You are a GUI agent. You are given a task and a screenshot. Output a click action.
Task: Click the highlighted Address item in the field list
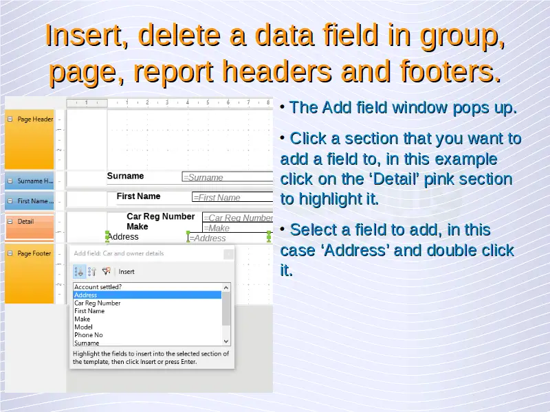[x=147, y=295]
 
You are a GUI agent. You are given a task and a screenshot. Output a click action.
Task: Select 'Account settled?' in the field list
[x=98, y=287]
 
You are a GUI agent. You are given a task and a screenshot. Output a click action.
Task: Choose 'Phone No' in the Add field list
[x=89, y=335]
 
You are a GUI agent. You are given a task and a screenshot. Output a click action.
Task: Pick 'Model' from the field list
[x=83, y=327]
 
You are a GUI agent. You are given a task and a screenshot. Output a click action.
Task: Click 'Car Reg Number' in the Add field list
[x=97, y=303]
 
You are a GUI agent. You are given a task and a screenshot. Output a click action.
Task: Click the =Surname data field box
[x=228, y=177]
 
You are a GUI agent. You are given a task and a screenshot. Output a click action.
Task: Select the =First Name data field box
[x=232, y=197]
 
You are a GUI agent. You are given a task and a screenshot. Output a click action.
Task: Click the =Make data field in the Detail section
[x=237, y=228]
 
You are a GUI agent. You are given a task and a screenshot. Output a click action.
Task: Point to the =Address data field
[x=229, y=238]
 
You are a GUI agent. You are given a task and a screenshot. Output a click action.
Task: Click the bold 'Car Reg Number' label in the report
[x=161, y=216]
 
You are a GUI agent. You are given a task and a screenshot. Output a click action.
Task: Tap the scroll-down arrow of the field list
[x=226, y=341]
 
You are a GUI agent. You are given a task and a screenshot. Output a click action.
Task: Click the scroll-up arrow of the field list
[x=226, y=288]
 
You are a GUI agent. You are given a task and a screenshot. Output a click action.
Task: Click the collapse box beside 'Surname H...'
[x=10, y=181]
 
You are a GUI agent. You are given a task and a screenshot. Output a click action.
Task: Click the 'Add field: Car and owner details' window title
[x=119, y=253]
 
